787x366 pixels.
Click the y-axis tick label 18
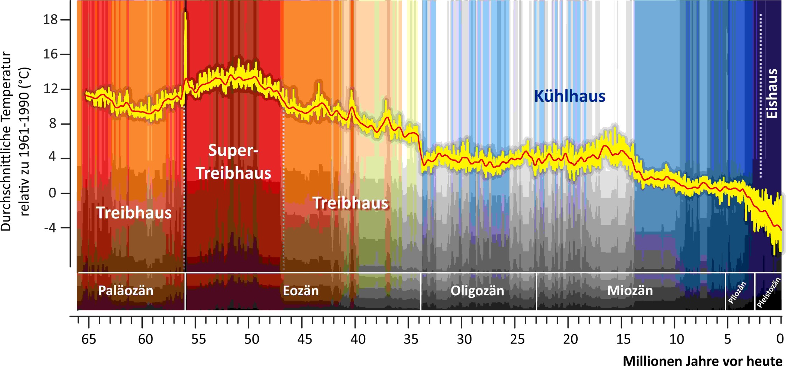click(x=50, y=19)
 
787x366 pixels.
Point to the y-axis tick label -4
click(x=50, y=227)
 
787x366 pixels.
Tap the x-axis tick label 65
click(x=89, y=339)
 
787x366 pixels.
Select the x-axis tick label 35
click(x=411, y=339)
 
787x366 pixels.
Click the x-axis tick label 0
click(x=780, y=339)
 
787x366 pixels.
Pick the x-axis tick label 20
click(x=570, y=339)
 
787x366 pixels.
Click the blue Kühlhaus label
click(x=570, y=96)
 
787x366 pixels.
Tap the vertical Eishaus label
click(x=772, y=94)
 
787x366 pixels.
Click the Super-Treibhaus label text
click(x=233, y=162)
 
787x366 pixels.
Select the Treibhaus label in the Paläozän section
click(x=134, y=213)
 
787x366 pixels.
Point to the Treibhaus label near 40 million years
click(x=350, y=203)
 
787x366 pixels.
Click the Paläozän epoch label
click(x=126, y=291)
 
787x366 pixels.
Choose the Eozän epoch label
click(x=300, y=291)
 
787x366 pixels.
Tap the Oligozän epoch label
click(x=477, y=291)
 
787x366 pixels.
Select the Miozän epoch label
click(x=630, y=291)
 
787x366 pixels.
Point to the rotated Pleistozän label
click(x=768, y=292)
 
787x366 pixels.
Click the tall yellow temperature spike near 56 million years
click(x=185, y=43)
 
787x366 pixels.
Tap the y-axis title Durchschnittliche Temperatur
click(x=6, y=141)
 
